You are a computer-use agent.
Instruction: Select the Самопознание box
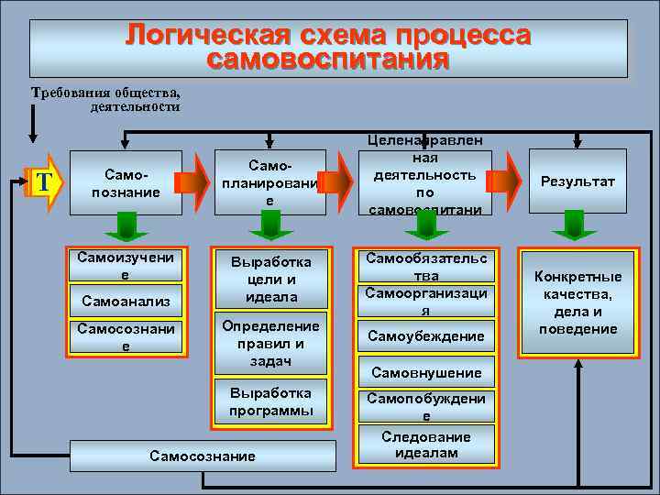click(120, 181)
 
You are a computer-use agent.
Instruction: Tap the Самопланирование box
click(270, 181)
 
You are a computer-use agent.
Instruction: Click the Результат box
click(578, 181)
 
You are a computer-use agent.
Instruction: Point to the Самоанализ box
click(120, 300)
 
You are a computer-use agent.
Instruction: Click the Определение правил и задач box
click(270, 344)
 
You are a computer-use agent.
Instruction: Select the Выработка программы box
click(270, 401)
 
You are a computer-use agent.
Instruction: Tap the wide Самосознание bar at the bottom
click(203, 456)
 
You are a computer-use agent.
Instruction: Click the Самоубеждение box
click(425, 336)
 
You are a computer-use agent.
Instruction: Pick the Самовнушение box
click(425, 373)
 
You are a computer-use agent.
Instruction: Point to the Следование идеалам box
click(425, 445)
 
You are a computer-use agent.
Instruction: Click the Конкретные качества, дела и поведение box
click(577, 302)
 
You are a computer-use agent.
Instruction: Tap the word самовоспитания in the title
click(327, 61)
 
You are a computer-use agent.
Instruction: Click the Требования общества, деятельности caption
click(105, 99)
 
